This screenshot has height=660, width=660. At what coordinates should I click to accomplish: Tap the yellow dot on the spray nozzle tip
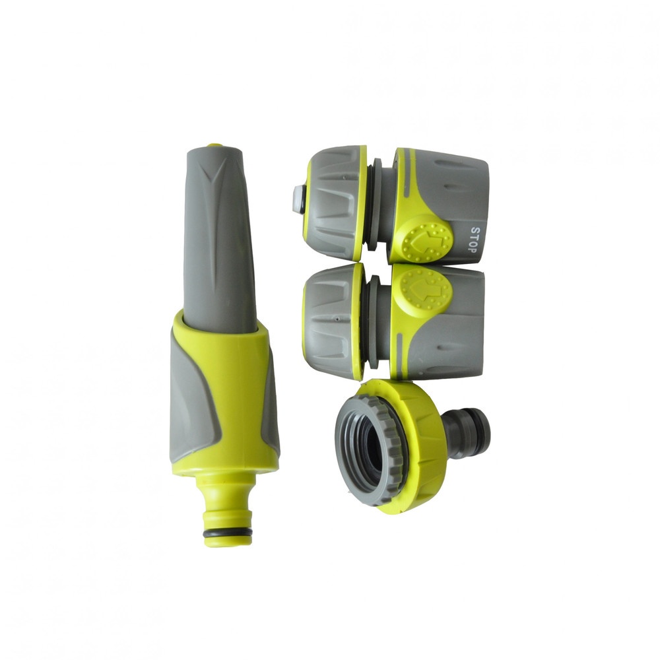coord(214,146)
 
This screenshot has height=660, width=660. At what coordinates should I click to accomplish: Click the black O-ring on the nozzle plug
coord(227,533)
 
